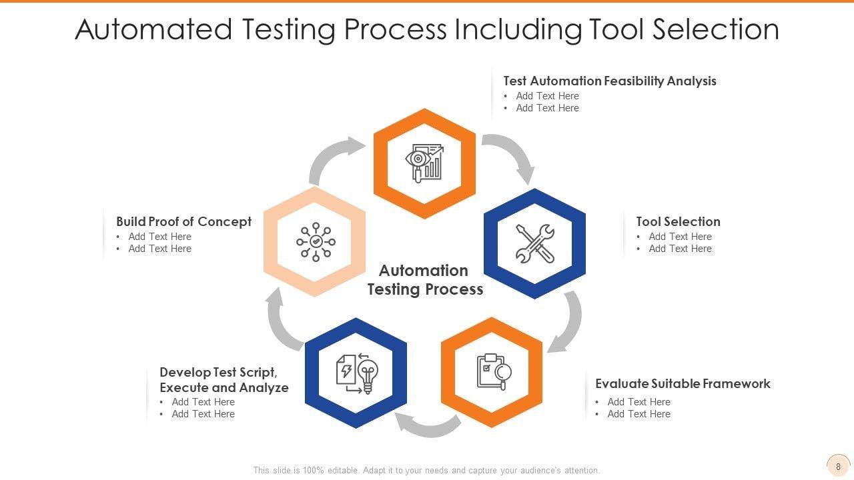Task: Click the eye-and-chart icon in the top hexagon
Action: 424,163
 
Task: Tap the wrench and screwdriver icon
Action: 534,243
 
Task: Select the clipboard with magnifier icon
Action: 493,372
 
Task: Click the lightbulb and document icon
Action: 356,373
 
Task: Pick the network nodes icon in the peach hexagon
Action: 316,241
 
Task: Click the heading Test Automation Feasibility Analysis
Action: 609,81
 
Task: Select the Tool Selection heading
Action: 678,221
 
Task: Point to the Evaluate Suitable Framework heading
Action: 683,383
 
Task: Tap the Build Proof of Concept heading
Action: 183,221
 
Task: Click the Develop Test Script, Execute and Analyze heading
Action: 224,380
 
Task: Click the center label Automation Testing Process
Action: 425,279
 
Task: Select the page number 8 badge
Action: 838,467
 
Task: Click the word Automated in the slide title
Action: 153,29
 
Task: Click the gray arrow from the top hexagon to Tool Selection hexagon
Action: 512,154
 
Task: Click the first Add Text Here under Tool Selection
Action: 680,237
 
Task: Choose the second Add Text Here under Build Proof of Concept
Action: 159,249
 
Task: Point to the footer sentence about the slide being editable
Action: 426,470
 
